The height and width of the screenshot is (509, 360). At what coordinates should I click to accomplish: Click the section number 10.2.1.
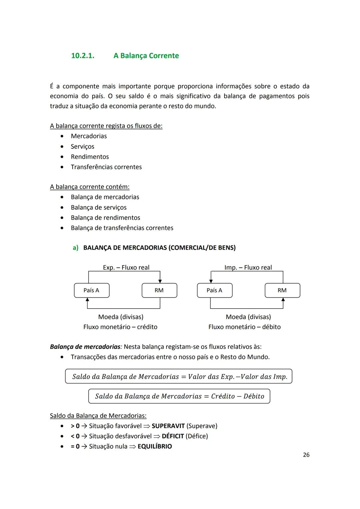83,56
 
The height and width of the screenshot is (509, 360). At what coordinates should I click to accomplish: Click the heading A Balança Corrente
146,56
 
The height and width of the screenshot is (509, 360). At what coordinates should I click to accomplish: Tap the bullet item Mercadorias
89,136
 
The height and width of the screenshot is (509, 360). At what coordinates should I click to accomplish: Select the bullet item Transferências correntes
106,167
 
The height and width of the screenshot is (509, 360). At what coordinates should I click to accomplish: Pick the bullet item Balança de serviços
99,207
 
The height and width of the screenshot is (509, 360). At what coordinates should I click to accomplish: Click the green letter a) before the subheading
76,248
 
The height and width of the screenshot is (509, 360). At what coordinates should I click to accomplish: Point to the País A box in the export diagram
91,290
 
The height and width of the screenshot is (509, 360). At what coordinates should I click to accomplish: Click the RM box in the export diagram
159,290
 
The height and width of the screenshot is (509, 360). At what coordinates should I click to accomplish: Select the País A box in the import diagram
214,290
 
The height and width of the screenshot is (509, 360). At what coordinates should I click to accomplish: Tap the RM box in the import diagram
282,290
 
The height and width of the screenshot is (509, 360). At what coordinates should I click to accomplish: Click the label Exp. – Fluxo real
126,267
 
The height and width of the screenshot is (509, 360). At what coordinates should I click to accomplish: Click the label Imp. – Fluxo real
248,267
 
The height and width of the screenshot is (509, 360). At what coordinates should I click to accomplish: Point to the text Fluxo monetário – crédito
120,327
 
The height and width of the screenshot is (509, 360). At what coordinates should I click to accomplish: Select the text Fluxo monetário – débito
244,327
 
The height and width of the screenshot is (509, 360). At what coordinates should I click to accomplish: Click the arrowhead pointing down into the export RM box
160,281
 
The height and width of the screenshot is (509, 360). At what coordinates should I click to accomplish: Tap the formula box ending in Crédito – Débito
179,396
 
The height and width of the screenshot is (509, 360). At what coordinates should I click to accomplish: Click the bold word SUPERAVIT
168,426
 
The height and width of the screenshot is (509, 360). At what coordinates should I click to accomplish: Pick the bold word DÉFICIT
173,436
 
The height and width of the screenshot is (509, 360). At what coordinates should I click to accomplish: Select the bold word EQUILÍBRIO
155,447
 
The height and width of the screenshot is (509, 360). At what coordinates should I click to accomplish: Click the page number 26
306,455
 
